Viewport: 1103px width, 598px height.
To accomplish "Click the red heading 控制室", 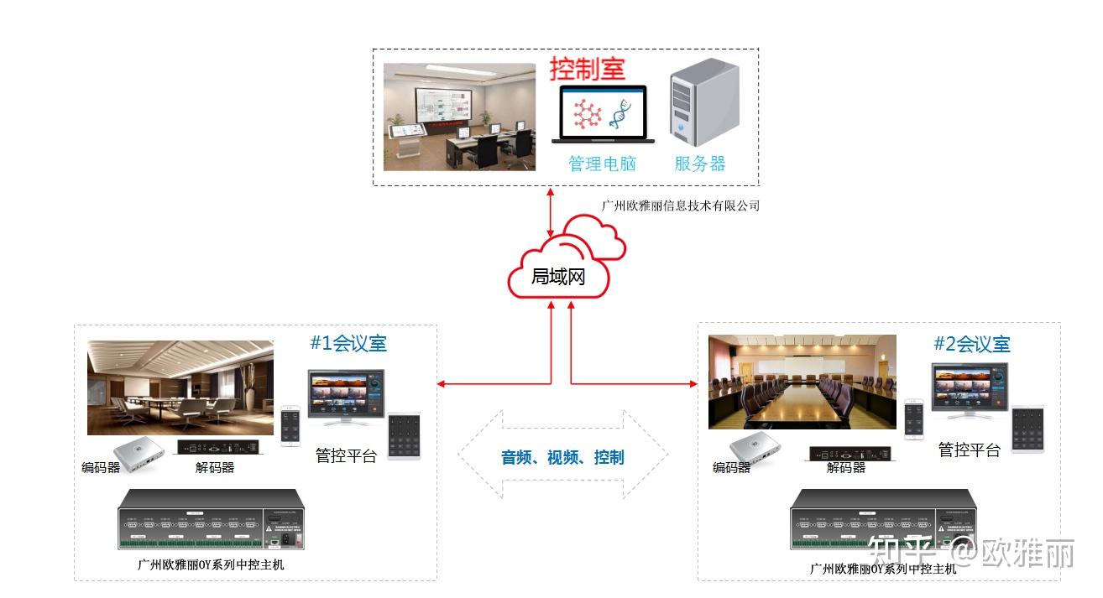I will click(588, 69).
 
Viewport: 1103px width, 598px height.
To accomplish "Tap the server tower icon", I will click(703, 102).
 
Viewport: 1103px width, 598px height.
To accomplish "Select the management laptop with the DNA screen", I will click(603, 114).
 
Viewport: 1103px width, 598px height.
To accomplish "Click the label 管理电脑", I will click(602, 164).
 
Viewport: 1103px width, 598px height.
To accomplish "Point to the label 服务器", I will click(699, 164).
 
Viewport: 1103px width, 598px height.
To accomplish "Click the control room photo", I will click(459, 117).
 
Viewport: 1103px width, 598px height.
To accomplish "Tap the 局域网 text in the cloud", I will click(557, 277).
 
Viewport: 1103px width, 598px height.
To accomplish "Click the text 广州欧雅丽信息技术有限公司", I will click(680, 205).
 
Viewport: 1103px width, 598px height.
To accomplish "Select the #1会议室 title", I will click(348, 343).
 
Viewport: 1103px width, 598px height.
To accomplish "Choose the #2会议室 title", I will click(971, 344).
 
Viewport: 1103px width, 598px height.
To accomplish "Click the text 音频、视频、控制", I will click(562, 457).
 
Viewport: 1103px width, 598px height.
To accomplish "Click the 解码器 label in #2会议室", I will click(845, 467).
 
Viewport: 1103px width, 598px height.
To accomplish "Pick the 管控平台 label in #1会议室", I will click(346, 455).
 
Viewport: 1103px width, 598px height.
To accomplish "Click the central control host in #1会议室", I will click(211, 519).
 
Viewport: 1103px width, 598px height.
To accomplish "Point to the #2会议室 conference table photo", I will click(802, 382).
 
